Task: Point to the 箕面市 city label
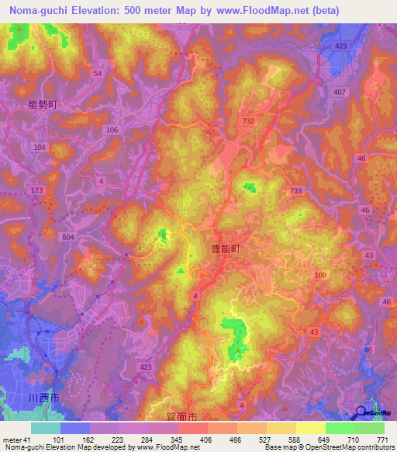[x=183, y=417]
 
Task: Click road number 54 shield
[x=97, y=73]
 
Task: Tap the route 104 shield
[x=40, y=147]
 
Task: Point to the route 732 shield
[x=248, y=121]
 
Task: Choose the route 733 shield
[x=295, y=190]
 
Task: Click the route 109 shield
[x=320, y=275]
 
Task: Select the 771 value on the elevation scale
[x=380, y=440]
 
